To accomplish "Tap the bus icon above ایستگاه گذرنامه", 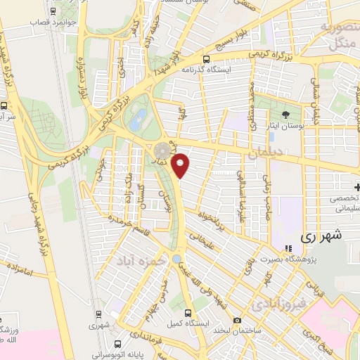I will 206,60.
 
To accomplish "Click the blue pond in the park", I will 139,115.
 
